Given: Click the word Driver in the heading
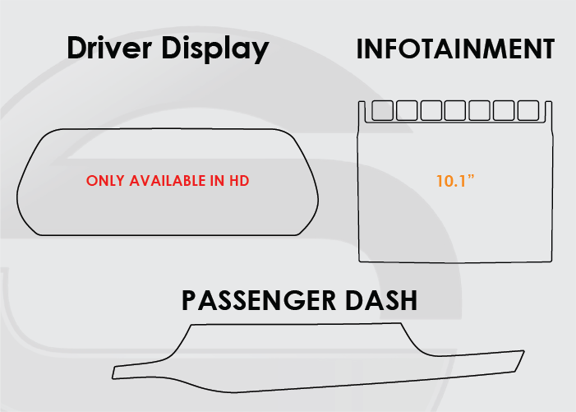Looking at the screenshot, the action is click(109, 48).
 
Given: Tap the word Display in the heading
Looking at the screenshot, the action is click(215, 49).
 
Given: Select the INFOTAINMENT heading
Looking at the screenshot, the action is click(455, 49).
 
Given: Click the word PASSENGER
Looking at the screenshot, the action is click(259, 300).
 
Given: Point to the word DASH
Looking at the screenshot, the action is click(381, 300).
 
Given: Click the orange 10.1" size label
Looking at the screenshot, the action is click(455, 181).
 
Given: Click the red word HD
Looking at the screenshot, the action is click(239, 181).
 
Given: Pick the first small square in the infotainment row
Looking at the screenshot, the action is click(382, 110).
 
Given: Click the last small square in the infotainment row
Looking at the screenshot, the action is click(528, 110).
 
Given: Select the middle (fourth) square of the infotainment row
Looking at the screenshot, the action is click(455, 110).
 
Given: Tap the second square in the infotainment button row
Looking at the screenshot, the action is click(407, 110).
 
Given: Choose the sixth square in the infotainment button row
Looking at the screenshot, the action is click(504, 110).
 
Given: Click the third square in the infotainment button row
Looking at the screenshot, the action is click(431, 110).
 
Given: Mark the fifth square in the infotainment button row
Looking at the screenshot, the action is click(479, 110).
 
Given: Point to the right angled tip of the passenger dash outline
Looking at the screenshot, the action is click(524, 351).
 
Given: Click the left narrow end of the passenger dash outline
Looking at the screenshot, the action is click(113, 372).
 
